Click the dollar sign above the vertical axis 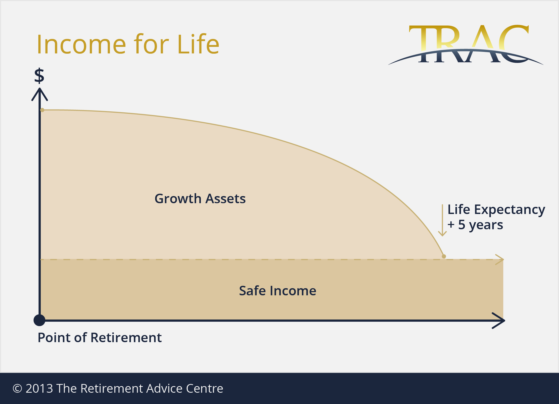[39, 75]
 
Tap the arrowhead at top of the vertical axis [40, 94]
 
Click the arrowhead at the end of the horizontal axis [499, 320]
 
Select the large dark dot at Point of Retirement [39, 320]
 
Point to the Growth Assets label [200, 198]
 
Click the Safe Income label [277, 291]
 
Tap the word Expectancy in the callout [509, 210]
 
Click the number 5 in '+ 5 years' [461, 225]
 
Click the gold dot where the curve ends [444, 256]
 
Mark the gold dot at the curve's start [42, 110]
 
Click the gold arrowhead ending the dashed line [500, 260]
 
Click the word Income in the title [82, 44]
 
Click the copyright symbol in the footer [17, 388]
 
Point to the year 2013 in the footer [39, 388]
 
